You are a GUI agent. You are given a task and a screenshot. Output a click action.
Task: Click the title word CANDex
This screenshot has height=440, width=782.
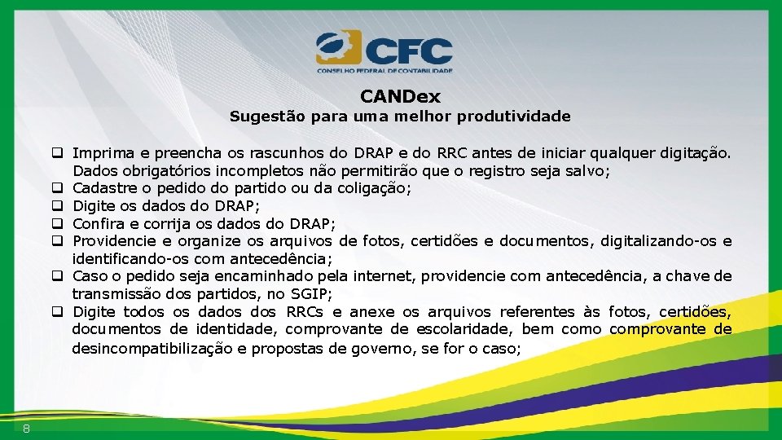400,97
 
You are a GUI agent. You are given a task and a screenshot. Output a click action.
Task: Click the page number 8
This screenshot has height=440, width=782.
27,429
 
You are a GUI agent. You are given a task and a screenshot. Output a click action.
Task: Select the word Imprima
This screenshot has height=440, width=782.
100,152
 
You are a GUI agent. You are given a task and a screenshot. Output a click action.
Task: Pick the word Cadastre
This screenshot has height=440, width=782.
102,188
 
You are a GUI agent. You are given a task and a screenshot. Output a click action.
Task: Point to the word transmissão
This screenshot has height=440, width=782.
112,293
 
